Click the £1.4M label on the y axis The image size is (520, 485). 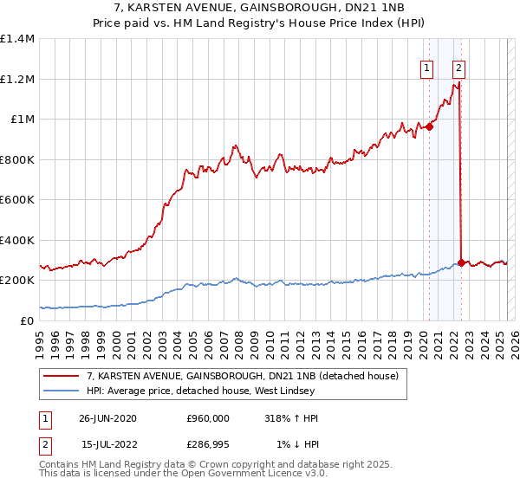(x=17, y=39)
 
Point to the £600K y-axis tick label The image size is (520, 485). (x=17, y=199)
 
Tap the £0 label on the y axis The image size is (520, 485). (x=26, y=320)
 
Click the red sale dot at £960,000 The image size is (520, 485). (x=429, y=126)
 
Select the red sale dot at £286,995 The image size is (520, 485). (x=460, y=262)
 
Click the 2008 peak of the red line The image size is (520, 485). (x=235, y=145)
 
